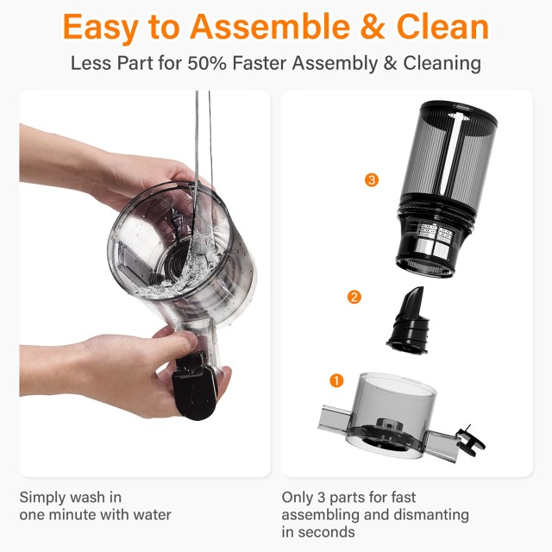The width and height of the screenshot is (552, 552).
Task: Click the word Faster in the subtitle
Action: [x=308, y=64]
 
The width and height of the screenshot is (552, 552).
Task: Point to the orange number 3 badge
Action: [x=372, y=180]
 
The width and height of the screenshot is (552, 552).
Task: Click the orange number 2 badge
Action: [x=354, y=298]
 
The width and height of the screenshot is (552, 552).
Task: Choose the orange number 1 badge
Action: [x=337, y=379]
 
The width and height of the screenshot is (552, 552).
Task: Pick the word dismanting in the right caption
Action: [x=430, y=515]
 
